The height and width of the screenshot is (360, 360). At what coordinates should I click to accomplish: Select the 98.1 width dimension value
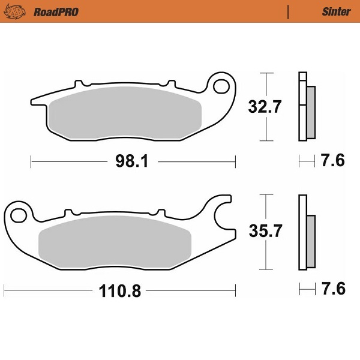coord(133,161)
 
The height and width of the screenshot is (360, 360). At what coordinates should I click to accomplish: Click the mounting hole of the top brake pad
coord(223,84)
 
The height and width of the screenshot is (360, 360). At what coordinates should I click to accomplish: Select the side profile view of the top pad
coord(306,107)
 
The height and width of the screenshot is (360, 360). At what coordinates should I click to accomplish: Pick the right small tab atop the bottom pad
coord(160,212)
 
